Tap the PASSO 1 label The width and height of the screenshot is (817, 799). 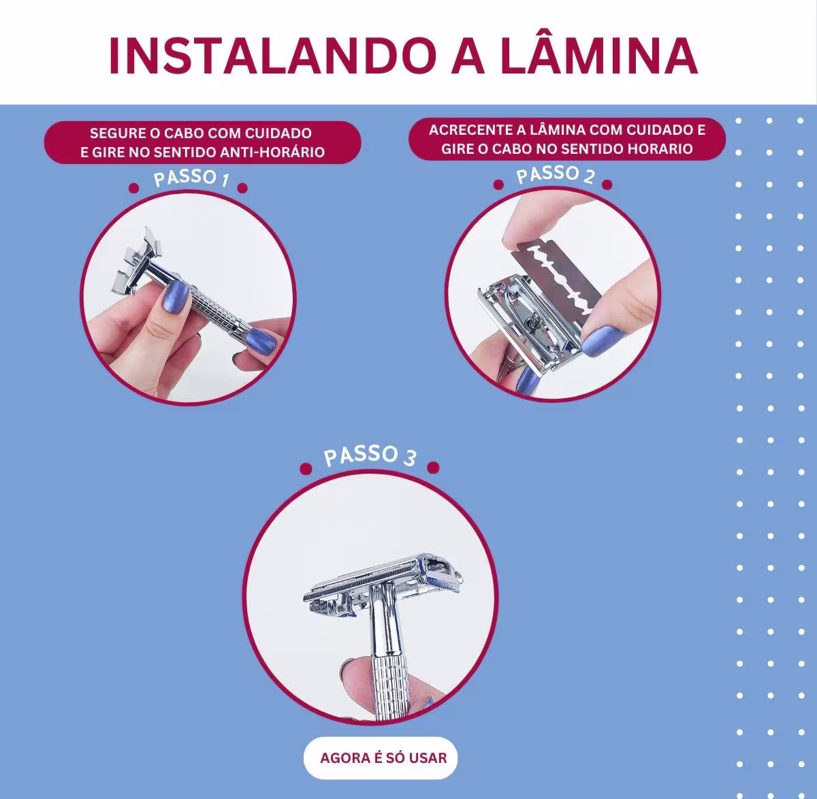(190, 178)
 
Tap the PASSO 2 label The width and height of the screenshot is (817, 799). (555, 175)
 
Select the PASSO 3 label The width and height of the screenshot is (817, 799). (369, 455)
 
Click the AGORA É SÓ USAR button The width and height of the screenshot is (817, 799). (383, 757)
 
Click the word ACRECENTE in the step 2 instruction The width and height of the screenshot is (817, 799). (466, 130)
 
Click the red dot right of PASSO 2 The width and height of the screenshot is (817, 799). (607, 184)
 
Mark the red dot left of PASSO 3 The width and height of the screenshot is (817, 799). (306, 468)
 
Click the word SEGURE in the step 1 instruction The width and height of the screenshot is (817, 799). (113, 133)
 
